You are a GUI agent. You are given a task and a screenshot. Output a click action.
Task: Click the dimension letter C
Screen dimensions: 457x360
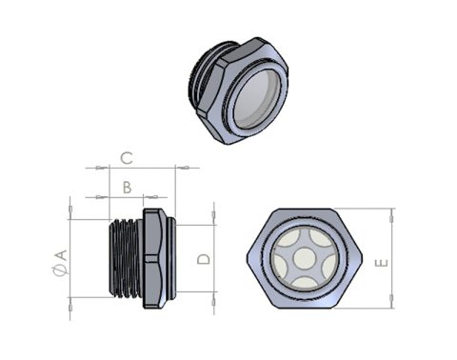(x=127, y=158)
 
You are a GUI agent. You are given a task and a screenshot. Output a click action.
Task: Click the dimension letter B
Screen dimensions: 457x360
(x=127, y=188)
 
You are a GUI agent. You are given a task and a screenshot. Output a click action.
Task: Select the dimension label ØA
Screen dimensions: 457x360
(x=60, y=262)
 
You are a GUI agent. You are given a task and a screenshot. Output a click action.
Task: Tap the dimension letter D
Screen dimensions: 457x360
(x=204, y=259)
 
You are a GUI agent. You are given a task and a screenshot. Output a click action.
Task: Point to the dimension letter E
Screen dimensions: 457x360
(x=382, y=263)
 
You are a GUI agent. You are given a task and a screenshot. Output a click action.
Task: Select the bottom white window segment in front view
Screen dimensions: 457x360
(x=305, y=283)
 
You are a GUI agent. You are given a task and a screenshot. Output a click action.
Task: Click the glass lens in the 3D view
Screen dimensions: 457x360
(x=257, y=99)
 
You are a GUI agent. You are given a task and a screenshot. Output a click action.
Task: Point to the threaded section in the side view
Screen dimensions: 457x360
(x=125, y=258)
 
